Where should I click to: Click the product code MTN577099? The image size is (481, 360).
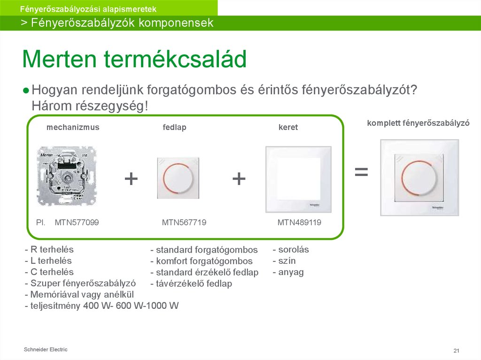77,222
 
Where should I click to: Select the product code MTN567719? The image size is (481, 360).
184,222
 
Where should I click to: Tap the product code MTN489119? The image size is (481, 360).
299,222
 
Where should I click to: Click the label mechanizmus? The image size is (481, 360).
73,127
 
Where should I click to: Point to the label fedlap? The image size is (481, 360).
174,128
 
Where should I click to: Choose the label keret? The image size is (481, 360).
288,128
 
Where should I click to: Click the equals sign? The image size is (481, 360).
361,172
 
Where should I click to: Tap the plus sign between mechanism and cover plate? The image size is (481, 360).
131,179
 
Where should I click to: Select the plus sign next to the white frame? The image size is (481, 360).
239,179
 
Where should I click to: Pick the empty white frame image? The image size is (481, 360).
298,179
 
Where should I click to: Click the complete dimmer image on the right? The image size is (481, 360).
419,177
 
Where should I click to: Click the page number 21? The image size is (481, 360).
456,351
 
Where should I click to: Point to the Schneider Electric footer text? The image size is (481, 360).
46,350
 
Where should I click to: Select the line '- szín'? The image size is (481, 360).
284,261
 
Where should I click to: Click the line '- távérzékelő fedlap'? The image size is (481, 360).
191,284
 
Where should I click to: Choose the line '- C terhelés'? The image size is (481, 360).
49,272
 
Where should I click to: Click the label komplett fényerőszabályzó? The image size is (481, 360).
419,123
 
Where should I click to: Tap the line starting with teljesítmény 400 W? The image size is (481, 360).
102,306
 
